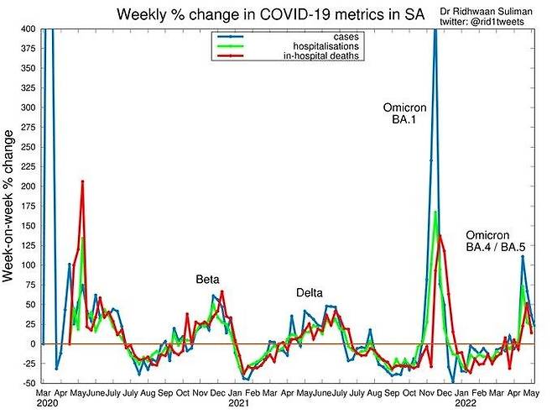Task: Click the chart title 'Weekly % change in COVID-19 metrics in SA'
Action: click(x=263, y=15)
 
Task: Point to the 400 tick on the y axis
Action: click(x=27, y=29)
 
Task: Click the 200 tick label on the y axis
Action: click(x=27, y=186)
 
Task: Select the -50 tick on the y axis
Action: click(x=27, y=383)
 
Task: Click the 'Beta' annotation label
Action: click(x=207, y=279)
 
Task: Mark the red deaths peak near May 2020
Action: click(x=82, y=181)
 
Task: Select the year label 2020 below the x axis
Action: click(x=46, y=403)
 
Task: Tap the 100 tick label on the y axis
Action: click(x=27, y=265)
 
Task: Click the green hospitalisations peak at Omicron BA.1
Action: click(x=435, y=212)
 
